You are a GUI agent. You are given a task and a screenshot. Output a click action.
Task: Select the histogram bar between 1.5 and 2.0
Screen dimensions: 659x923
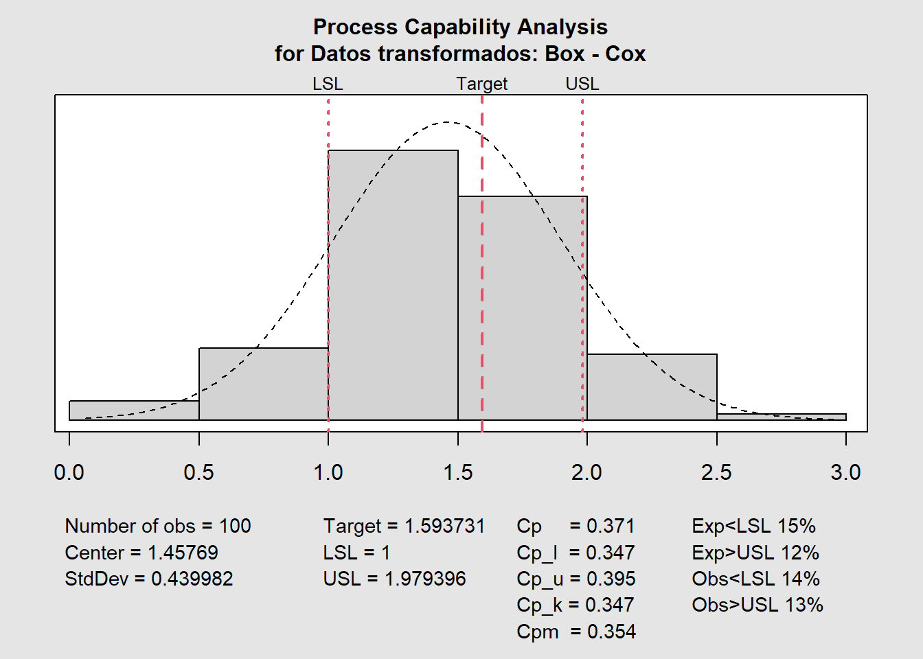[522, 308]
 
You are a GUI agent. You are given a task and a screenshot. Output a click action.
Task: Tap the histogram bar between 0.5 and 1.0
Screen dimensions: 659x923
[264, 384]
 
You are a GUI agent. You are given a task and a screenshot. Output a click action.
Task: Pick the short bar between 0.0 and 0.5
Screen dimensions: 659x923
[134, 410]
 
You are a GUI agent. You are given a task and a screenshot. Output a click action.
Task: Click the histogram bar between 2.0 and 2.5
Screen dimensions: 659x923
[652, 387]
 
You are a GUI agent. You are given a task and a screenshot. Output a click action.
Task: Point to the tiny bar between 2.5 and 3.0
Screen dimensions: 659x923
[782, 417]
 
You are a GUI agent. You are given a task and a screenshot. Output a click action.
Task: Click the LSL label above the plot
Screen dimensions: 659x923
[328, 84]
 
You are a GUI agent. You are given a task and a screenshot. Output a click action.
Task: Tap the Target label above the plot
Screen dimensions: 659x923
[482, 84]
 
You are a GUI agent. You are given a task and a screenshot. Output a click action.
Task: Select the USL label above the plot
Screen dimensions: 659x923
[582, 84]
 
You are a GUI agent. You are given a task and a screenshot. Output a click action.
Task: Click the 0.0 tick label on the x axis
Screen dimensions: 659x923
[69, 472]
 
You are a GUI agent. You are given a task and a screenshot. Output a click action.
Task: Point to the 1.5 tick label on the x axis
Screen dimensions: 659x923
[458, 472]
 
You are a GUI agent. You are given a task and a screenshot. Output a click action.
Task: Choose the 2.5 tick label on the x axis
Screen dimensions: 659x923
[717, 472]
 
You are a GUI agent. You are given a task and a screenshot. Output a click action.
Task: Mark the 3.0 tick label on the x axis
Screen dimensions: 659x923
[845, 472]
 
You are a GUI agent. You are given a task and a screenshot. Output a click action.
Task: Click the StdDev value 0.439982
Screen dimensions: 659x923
[192, 579]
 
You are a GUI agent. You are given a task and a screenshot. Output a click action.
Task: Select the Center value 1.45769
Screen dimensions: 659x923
[183, 553]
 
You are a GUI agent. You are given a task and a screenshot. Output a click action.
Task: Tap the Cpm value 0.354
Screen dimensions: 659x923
[611, 632]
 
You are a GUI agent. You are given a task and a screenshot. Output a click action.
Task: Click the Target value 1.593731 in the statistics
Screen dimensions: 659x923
[444, 526]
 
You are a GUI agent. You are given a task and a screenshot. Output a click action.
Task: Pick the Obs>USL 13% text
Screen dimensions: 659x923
[757, 605]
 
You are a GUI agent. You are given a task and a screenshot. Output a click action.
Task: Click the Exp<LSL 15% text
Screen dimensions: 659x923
[754, 526]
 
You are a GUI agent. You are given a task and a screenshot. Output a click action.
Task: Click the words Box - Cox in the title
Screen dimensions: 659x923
[595, 54]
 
